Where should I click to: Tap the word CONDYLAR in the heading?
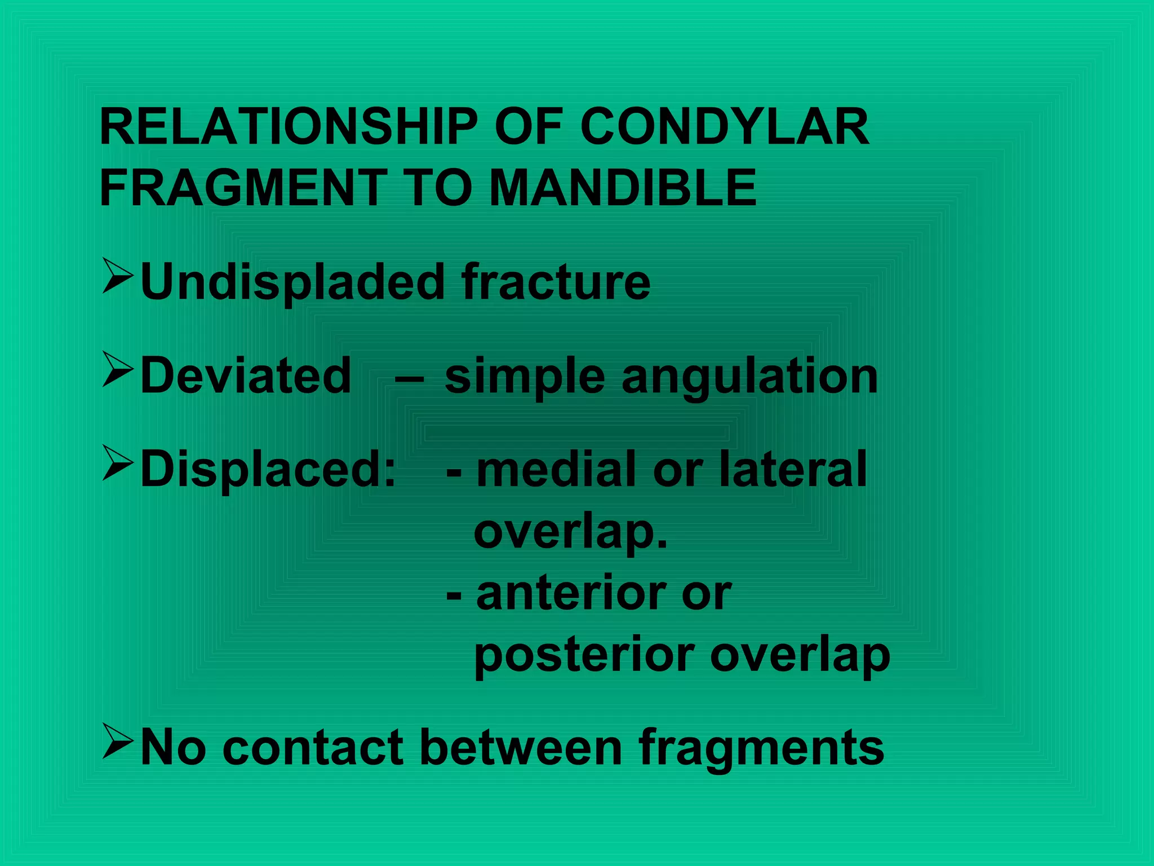pos(725,127)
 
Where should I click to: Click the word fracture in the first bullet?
pos(556,281)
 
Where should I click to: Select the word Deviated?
pos(246,375)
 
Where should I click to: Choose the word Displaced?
pos(268,469)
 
